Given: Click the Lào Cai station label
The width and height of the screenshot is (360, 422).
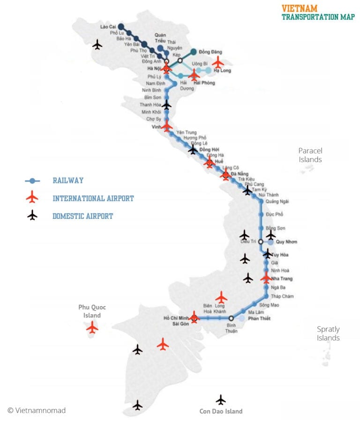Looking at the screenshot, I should (x=108, y=27).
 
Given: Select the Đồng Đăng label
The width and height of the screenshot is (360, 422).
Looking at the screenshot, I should (x=210, y=52).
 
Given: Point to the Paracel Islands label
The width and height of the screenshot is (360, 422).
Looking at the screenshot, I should (x=310, y=155).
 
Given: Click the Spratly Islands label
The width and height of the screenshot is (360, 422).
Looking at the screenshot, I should (x=328, y=333).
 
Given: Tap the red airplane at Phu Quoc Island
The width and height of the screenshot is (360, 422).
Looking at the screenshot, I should (x=92, y=327).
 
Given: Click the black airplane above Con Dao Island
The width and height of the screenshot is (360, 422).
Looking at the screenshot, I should (x=221, y=399).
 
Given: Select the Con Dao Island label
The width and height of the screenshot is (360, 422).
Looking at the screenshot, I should (x=221, y=411).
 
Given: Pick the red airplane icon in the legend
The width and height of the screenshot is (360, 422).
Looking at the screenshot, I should (x=32, y=197).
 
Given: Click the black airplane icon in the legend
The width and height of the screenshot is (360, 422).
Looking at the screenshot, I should (x=32, y=215).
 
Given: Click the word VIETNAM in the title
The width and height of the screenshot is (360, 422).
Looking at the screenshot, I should (x=300, y=8).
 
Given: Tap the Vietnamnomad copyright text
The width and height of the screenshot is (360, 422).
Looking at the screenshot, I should (x=37, y=410).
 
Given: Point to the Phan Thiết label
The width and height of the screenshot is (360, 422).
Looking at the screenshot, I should (x=259, y=319).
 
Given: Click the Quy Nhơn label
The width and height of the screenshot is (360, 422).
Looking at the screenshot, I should (x=287, y=242).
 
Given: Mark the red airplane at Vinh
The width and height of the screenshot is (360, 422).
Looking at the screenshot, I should (x=167, y=126).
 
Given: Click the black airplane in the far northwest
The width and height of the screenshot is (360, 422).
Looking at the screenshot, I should (x=97, y=45).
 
